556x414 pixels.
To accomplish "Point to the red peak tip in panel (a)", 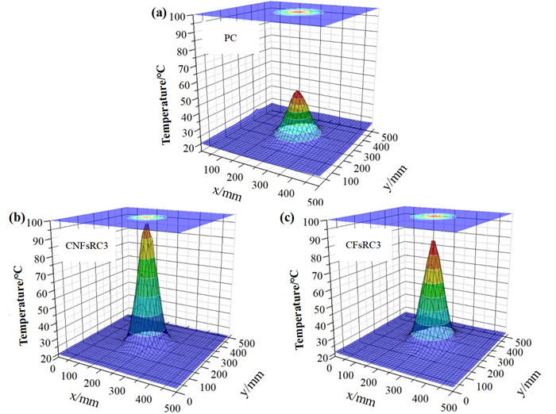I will [x=297, y=92].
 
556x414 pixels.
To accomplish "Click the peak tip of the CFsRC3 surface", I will [x=433, y=243].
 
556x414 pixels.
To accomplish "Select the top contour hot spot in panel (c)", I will [x=432, y=215].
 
